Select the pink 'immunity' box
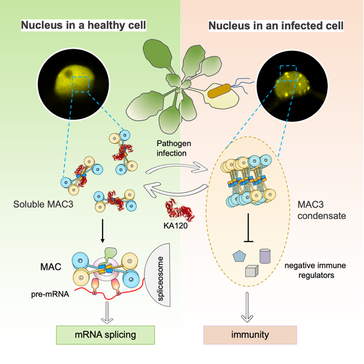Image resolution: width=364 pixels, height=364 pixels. [x=249, y=335]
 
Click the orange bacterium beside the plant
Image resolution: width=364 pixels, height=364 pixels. [x=220, y=93]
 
